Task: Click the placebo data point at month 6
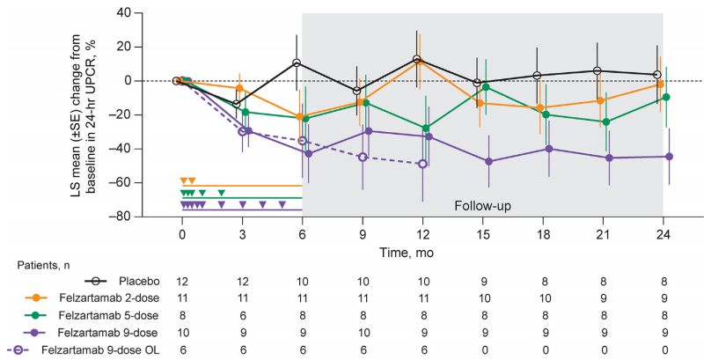[x=297, y=63]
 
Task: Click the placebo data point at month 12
[x=417, y=59]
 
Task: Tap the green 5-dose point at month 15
[x=486, y=86]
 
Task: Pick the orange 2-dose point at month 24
[x=661, y=84]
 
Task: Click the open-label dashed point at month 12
[x=423, y=164]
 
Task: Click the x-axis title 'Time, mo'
[x=421, y=252]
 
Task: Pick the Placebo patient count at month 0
[x=181, y=282]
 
